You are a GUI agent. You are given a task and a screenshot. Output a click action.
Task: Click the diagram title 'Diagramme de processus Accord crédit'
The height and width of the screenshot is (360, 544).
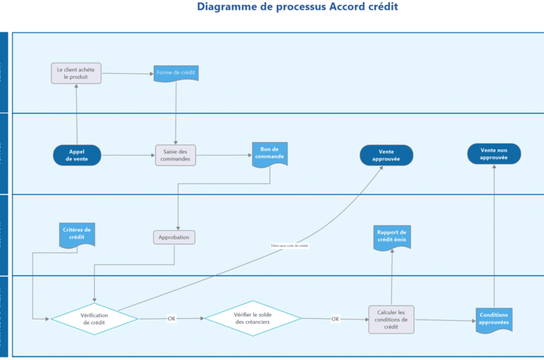pos(297,7)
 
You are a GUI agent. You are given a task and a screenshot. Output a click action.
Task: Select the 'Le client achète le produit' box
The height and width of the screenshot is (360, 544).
pos(76,73)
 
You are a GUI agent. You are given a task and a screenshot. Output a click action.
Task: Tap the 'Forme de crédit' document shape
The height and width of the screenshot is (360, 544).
pos(176,73)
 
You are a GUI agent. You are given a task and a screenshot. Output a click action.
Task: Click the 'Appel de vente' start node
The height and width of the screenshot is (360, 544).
pos(77,155)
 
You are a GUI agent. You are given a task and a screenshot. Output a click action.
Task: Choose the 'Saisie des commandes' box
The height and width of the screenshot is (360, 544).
pos(176,155)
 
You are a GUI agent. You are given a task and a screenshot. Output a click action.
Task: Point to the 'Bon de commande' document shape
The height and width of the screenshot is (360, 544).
pos(270,153)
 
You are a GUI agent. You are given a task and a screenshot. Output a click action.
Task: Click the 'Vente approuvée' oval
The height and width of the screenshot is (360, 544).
pos(386,155)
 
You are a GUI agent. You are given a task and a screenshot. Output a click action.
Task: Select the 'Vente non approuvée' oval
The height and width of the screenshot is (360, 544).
pos(494,154)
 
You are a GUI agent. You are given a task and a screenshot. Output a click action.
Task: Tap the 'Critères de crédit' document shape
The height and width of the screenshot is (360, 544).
pos(77,234)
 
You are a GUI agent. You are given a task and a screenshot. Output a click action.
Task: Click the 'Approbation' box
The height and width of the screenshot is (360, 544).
pos(174,237)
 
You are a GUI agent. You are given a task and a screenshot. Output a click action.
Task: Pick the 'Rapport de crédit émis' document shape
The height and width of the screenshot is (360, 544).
pos(392,237)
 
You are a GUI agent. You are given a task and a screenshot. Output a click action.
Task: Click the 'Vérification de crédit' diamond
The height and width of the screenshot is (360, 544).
pos(95,319)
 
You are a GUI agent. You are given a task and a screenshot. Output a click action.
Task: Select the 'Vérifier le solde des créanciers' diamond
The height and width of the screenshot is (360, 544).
pos(252,319)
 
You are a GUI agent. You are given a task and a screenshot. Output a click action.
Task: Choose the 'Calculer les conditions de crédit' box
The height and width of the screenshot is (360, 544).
pos(391,319)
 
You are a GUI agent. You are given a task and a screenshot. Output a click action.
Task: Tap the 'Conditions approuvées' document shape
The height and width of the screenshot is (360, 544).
pos(494,320)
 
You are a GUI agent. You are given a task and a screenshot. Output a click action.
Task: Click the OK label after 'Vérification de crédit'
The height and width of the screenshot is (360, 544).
pos(172,319)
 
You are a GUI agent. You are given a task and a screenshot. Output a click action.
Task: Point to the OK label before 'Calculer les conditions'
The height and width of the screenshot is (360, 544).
pos(335,319)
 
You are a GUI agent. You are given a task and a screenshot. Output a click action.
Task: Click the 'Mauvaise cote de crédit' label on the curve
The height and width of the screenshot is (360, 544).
pos(289,246)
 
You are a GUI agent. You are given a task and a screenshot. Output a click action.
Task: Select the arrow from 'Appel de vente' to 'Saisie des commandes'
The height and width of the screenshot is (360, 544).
pos(128,155)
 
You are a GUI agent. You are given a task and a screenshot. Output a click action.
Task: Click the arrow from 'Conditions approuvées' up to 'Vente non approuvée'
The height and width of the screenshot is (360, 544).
pos(494,237)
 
